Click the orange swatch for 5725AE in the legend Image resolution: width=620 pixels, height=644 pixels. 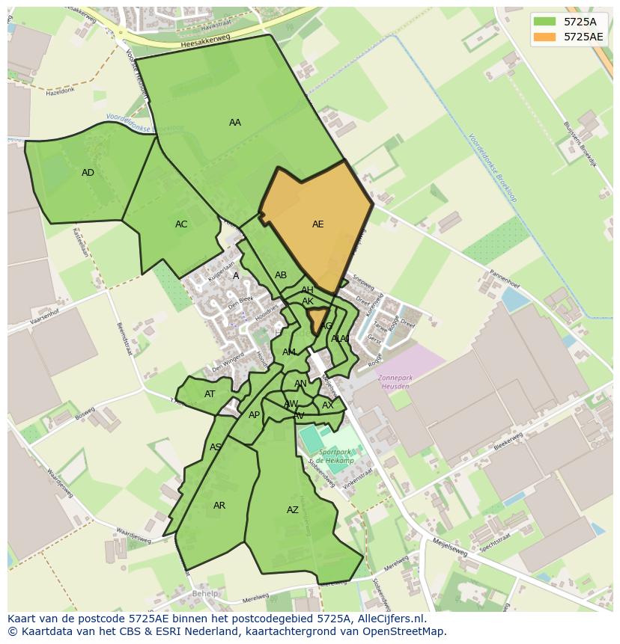coord(545,37)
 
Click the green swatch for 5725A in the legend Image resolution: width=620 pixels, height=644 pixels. coord(545,22)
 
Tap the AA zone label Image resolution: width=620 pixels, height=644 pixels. coord(235,123)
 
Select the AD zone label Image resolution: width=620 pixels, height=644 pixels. coord(88,173)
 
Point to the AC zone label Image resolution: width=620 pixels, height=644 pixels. coord(181,224)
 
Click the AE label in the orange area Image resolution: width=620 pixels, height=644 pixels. coord(318,224)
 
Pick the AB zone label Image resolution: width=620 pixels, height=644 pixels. coord(281,275)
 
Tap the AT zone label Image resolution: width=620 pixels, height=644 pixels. coord(210,394)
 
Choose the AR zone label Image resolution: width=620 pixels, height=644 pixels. coord(219,506)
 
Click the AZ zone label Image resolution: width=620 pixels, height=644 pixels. coord(293,510)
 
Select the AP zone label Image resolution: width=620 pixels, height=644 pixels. coord(254,415)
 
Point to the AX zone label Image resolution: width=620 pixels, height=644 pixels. coord(327,405)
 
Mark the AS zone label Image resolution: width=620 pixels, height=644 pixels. coord(215,447)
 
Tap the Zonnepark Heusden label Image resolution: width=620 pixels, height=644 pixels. coord(394,381)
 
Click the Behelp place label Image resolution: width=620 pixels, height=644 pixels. coord(204,594)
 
